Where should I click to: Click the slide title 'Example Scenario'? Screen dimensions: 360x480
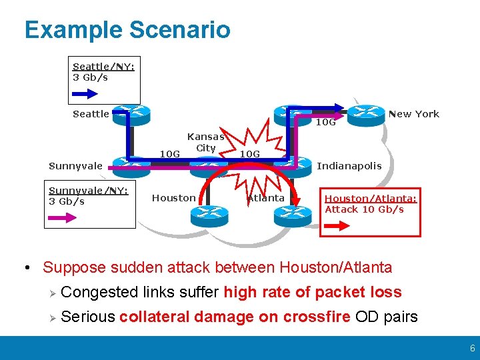[x=127, y=30]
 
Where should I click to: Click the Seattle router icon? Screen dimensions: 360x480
[x=131, y=113]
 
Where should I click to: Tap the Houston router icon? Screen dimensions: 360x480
[x=207, y=214]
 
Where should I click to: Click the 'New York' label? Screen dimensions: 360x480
[x=413, y=114]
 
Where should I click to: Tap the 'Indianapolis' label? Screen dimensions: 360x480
[x=349, y=166]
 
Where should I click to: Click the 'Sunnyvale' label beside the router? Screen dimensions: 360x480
[x=76, y=166]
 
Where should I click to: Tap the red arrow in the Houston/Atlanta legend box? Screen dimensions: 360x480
[x=341, y=226]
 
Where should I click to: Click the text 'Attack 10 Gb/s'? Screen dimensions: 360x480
[x=364, y=209]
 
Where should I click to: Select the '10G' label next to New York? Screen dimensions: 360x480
[x=325, y=123]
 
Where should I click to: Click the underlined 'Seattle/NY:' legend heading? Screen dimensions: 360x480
[x=103, y=67]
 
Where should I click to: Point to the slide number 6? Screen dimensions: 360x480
[x=472, y=349]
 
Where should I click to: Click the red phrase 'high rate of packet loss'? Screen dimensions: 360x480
[x=313, y=292]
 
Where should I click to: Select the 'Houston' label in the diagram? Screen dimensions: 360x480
[x=174, y=198]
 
